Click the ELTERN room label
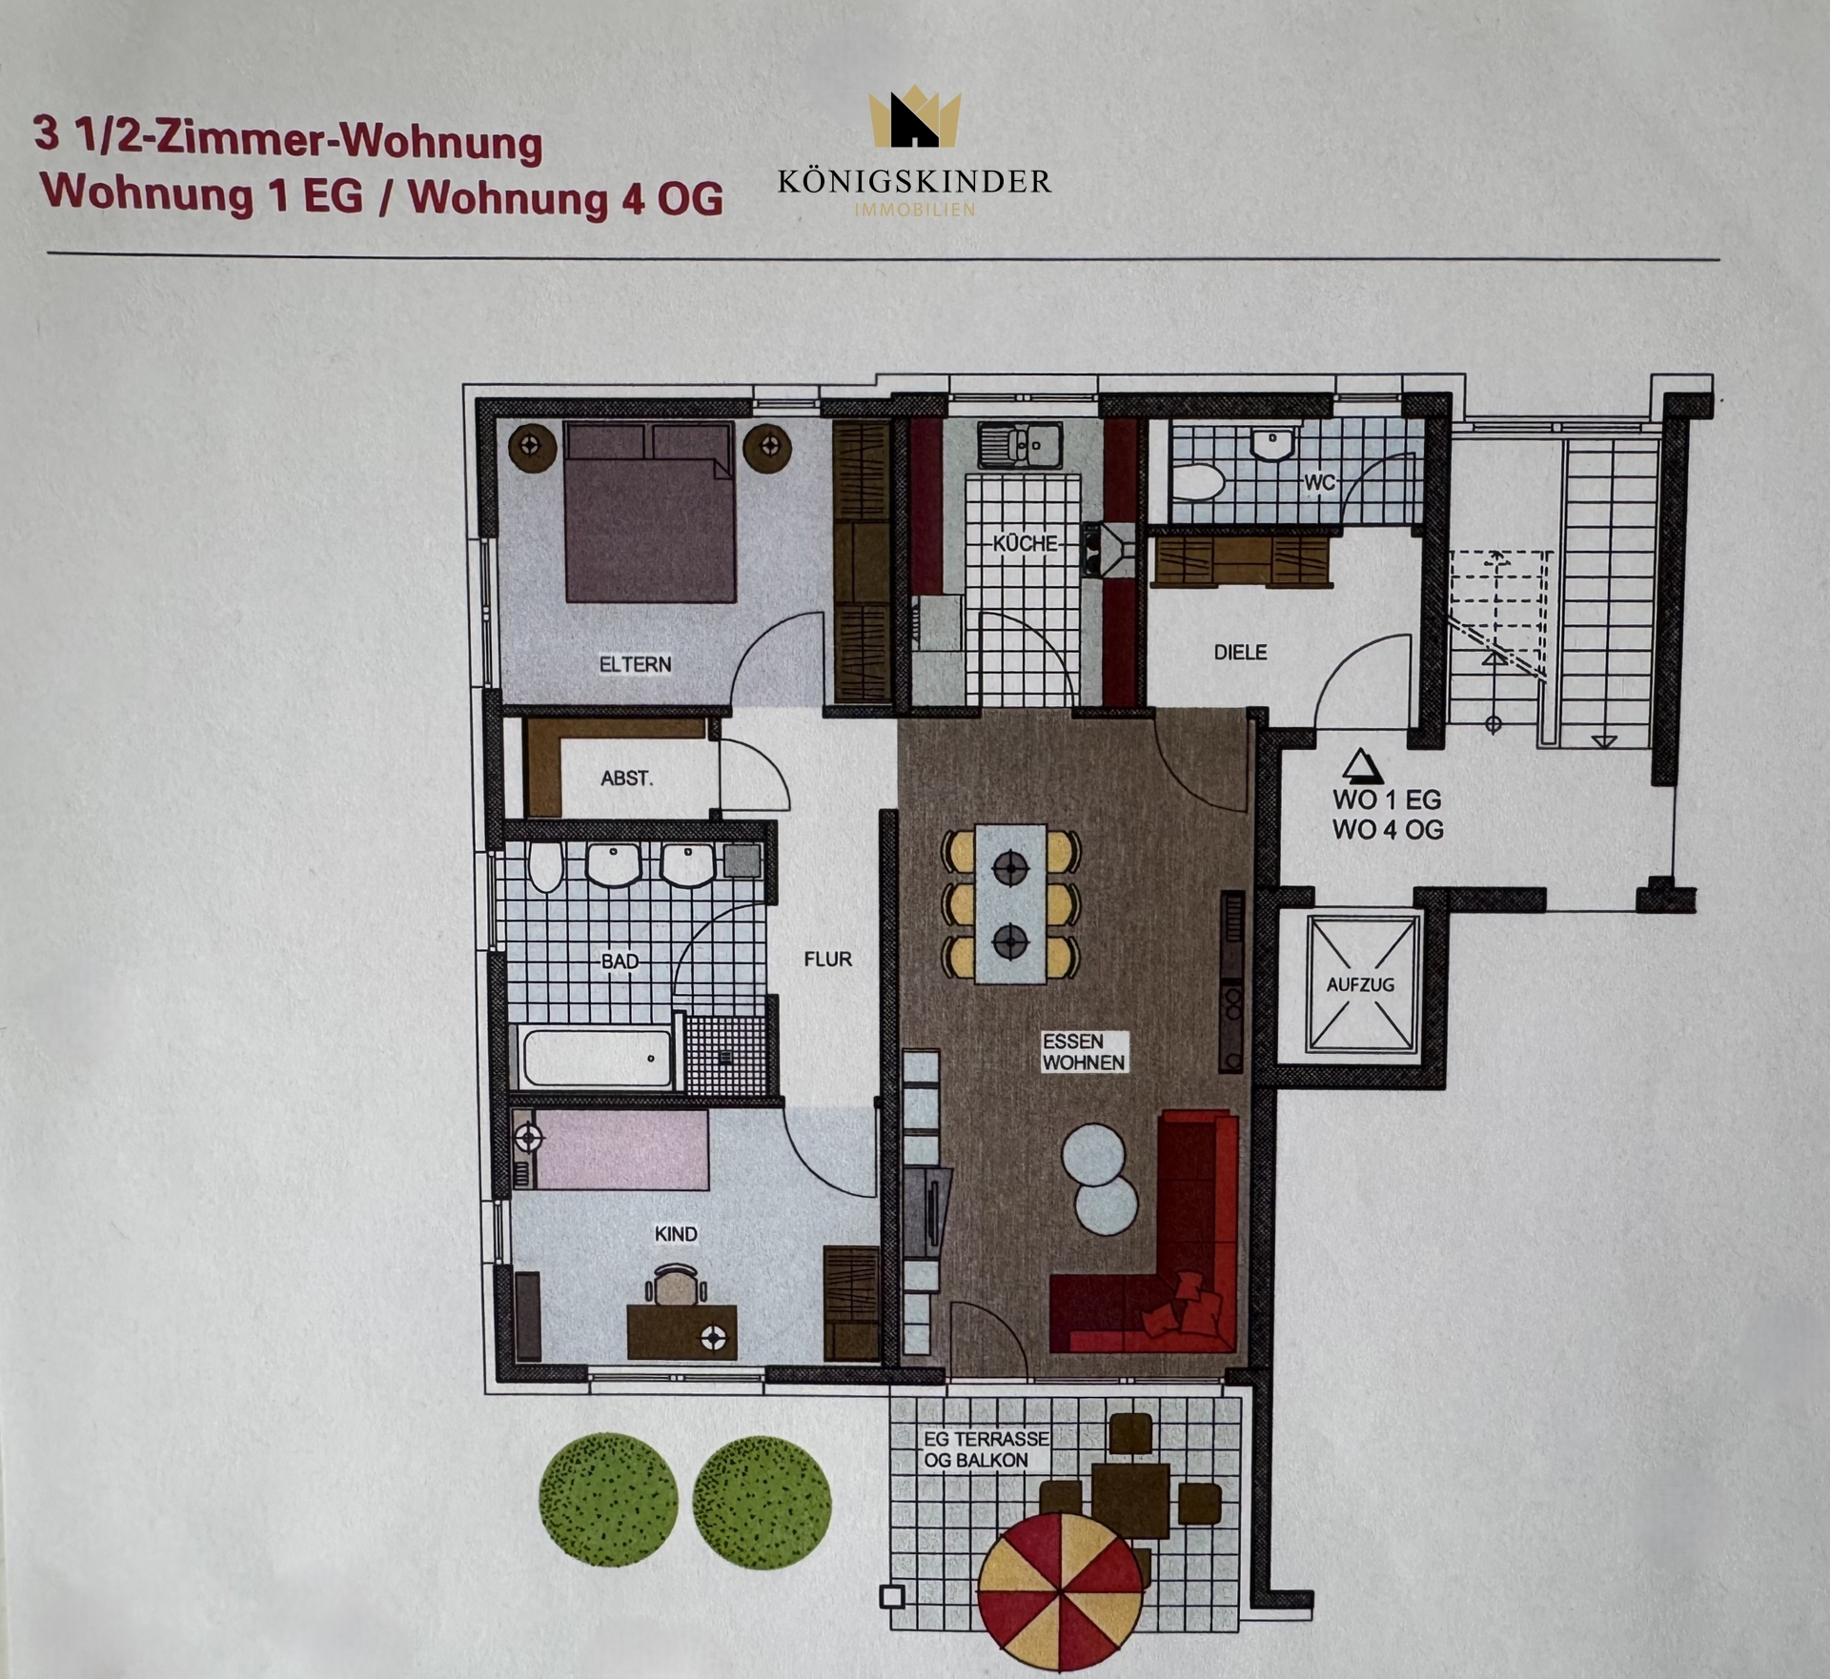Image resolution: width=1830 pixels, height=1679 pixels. (x=635, y=664)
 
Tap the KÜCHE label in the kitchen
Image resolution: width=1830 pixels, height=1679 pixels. (x=1026, y=543)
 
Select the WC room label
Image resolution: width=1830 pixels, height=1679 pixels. (x=1319, y=482)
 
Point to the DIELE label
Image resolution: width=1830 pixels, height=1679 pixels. (x=1240, y=653)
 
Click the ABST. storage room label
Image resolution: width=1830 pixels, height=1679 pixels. (x=626, y=779)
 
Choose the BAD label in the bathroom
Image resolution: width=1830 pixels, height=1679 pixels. (x=620, y=961)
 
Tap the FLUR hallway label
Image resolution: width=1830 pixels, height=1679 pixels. (x=827, y=960)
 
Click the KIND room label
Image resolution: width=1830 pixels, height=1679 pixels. (x=676, y=1234)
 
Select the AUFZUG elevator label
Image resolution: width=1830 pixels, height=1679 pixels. (x=1360, y=984)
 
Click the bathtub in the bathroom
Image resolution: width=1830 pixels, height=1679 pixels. (x=596, y=1057)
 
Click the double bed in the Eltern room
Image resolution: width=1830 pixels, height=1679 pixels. (x=649, y=512)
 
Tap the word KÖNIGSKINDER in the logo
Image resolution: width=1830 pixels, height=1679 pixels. (x=914, y=181)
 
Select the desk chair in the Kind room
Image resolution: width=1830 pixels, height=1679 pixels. (x=676, y=1285)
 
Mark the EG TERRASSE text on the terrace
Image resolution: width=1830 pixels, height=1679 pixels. (x=986, y=1439)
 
